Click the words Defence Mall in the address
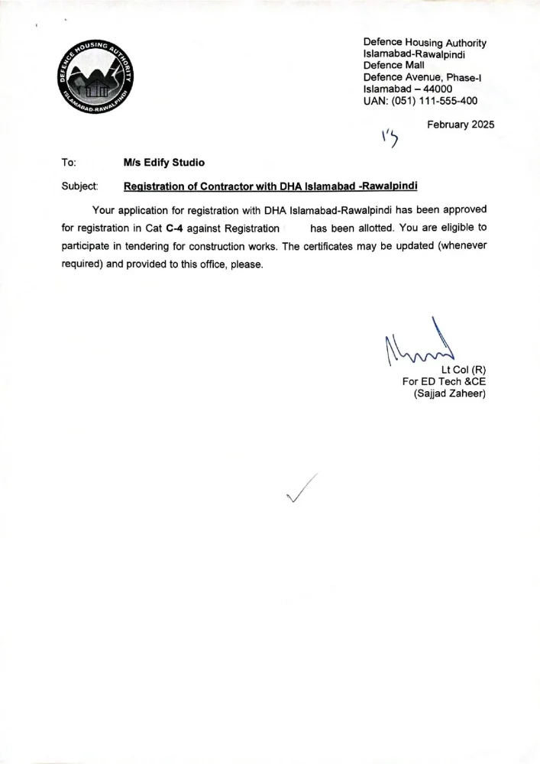(393, 66)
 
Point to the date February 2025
(461, 125)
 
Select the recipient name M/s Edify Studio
(163, 162)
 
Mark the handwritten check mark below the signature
(301, 489)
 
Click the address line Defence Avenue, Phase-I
(422, 77)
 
